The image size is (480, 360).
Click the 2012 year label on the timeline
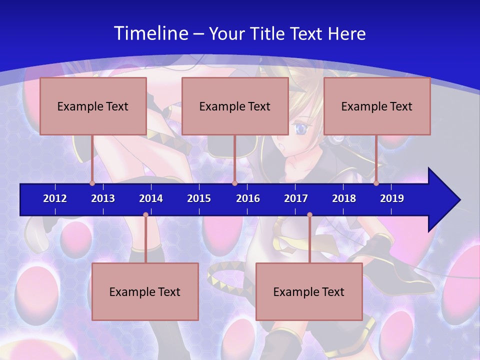point(55,198)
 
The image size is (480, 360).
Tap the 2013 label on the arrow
point(103,198)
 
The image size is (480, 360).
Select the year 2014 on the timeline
point(151,198)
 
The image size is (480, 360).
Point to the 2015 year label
point(199,198)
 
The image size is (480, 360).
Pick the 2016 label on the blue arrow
point(248,198)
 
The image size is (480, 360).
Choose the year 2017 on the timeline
point(296,198)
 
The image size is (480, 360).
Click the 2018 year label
point(344,198)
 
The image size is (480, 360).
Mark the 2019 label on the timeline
point(392,198)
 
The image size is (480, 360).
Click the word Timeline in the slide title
point(150,33)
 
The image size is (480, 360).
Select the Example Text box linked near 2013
point(93,106)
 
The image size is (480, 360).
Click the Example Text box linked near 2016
point(235,106)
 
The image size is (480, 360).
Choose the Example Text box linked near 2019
point(377,106)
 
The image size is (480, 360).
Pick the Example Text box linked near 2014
point(145,291)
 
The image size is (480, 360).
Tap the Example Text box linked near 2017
point(309,291)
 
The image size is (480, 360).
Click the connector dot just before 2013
point(92,183)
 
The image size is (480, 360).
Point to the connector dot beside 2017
point(309,215)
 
